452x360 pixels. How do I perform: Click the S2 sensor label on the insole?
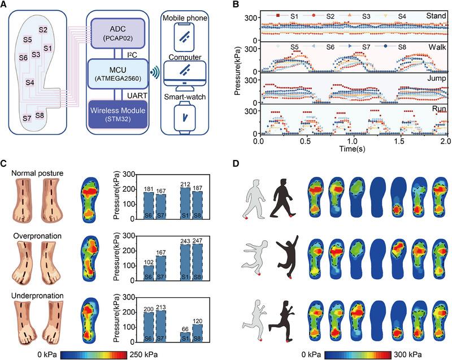(x=43, y=29)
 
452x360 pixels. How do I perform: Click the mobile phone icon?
(x=184, y=36)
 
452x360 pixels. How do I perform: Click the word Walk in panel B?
(x=434, y=49)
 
